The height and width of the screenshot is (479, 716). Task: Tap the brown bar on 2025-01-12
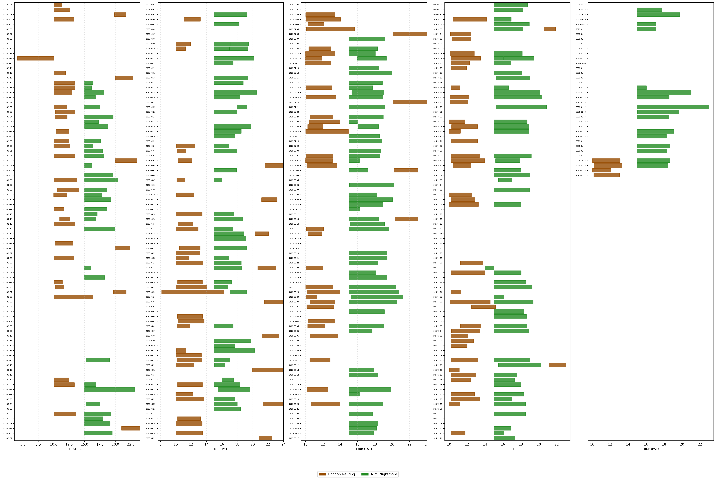coord(35,58)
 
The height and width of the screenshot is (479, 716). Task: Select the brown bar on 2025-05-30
coord(192,292)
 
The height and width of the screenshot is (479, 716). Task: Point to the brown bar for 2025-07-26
coord(327,131)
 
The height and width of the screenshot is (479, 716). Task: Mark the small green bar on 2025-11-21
coord(489,268)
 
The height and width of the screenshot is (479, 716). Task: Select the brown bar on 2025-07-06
coord(410,34)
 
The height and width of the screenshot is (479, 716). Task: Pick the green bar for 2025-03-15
coord(98,360)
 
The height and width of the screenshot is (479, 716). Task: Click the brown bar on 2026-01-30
coord(602,170)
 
